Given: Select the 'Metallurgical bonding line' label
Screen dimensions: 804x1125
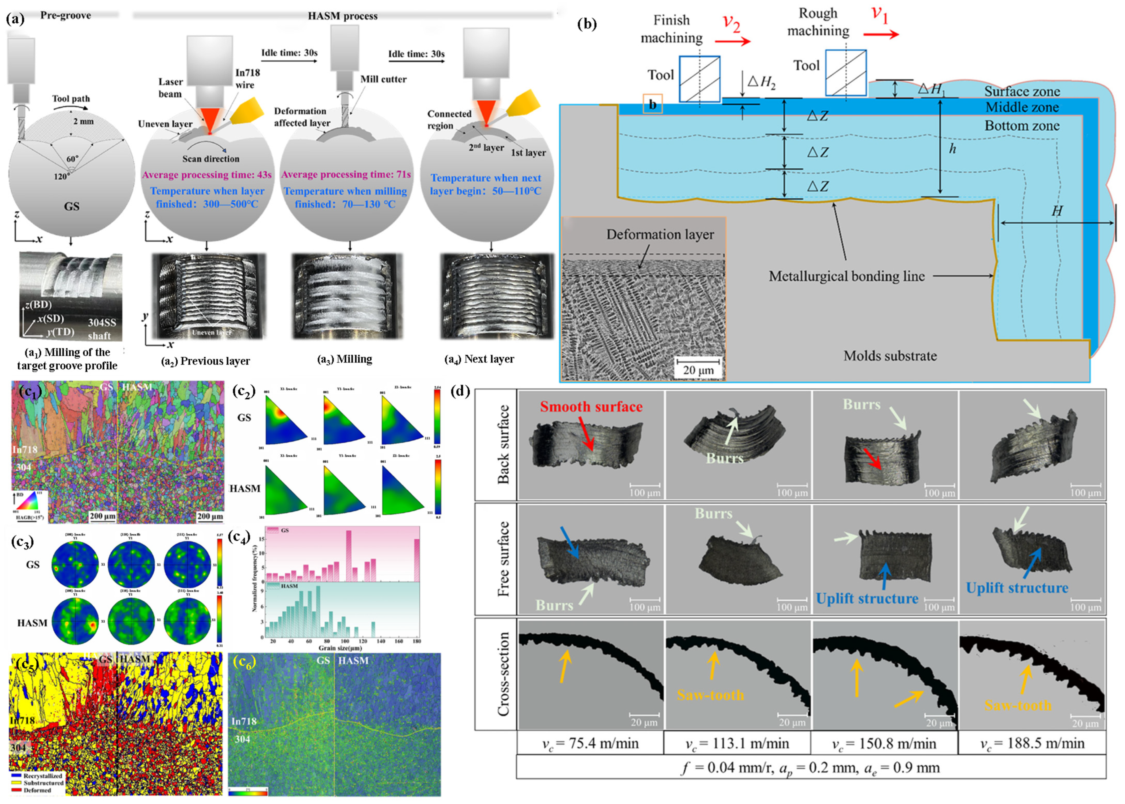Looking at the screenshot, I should click(x=846, y=276).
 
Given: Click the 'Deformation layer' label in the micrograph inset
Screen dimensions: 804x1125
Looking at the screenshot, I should click(x=660, y=235).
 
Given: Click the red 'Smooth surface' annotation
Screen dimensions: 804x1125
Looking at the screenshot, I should click(x=591, y=407).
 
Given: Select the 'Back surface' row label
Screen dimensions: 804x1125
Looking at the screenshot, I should click(x=503, y=444).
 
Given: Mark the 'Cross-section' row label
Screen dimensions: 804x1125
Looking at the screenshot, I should click(x=503, y=674).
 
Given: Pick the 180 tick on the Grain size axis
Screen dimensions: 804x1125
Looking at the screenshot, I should click(x=417, y=641).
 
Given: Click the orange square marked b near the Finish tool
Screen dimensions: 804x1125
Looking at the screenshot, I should click(x=652, y=104).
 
